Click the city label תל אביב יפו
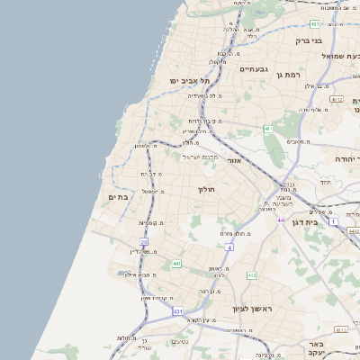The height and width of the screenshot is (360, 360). coord(190,81)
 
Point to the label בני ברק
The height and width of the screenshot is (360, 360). coord(308,40)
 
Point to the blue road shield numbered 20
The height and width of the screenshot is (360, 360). coord(144,242)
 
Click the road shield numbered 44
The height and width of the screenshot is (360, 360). coord(281,220)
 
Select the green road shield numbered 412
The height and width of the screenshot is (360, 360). coord(251,275)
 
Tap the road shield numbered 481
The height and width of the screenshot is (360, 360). coord(267,130)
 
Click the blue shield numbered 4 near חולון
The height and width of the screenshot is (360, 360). coord(229,247)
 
